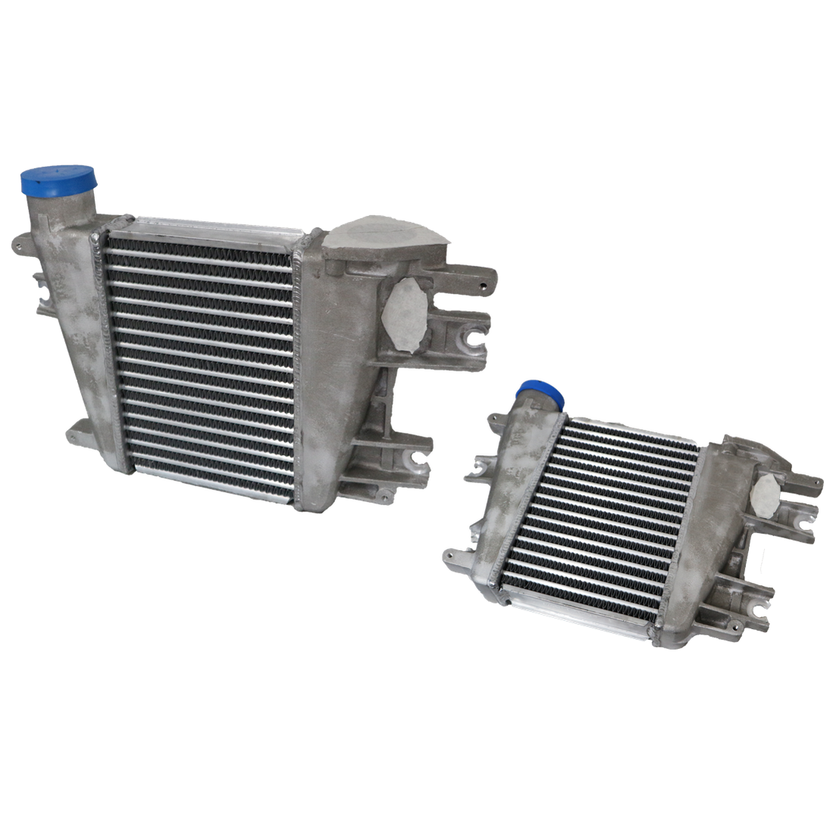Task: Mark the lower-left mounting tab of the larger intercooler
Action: pos(80,437)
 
